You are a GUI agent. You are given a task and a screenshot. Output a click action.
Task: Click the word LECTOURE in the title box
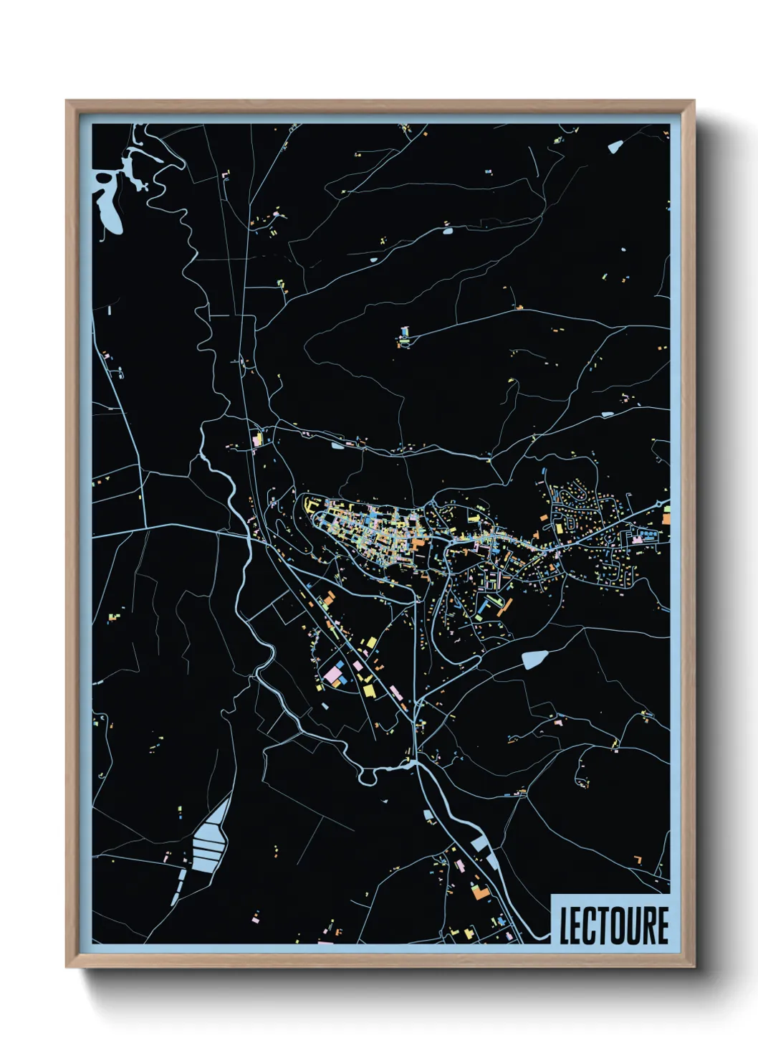(x=613, y=925)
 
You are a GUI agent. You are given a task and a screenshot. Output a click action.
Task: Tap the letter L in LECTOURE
(x=565, y=926)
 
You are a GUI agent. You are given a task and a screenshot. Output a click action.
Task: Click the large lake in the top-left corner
(x=107, y=204)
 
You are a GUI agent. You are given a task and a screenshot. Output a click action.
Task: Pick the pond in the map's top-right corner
(x=615, y=147)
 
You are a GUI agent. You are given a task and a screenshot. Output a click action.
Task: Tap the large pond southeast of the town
(x=534, y=659)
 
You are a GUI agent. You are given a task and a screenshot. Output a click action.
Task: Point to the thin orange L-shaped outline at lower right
(x=637, y=858)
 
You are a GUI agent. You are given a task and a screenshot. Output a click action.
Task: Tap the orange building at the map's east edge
(x=666, y=518)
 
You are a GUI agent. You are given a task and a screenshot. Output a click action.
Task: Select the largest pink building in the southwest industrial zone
(x=332, y=675)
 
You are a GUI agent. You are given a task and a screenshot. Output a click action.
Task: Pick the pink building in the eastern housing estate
(x=634, y=536)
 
